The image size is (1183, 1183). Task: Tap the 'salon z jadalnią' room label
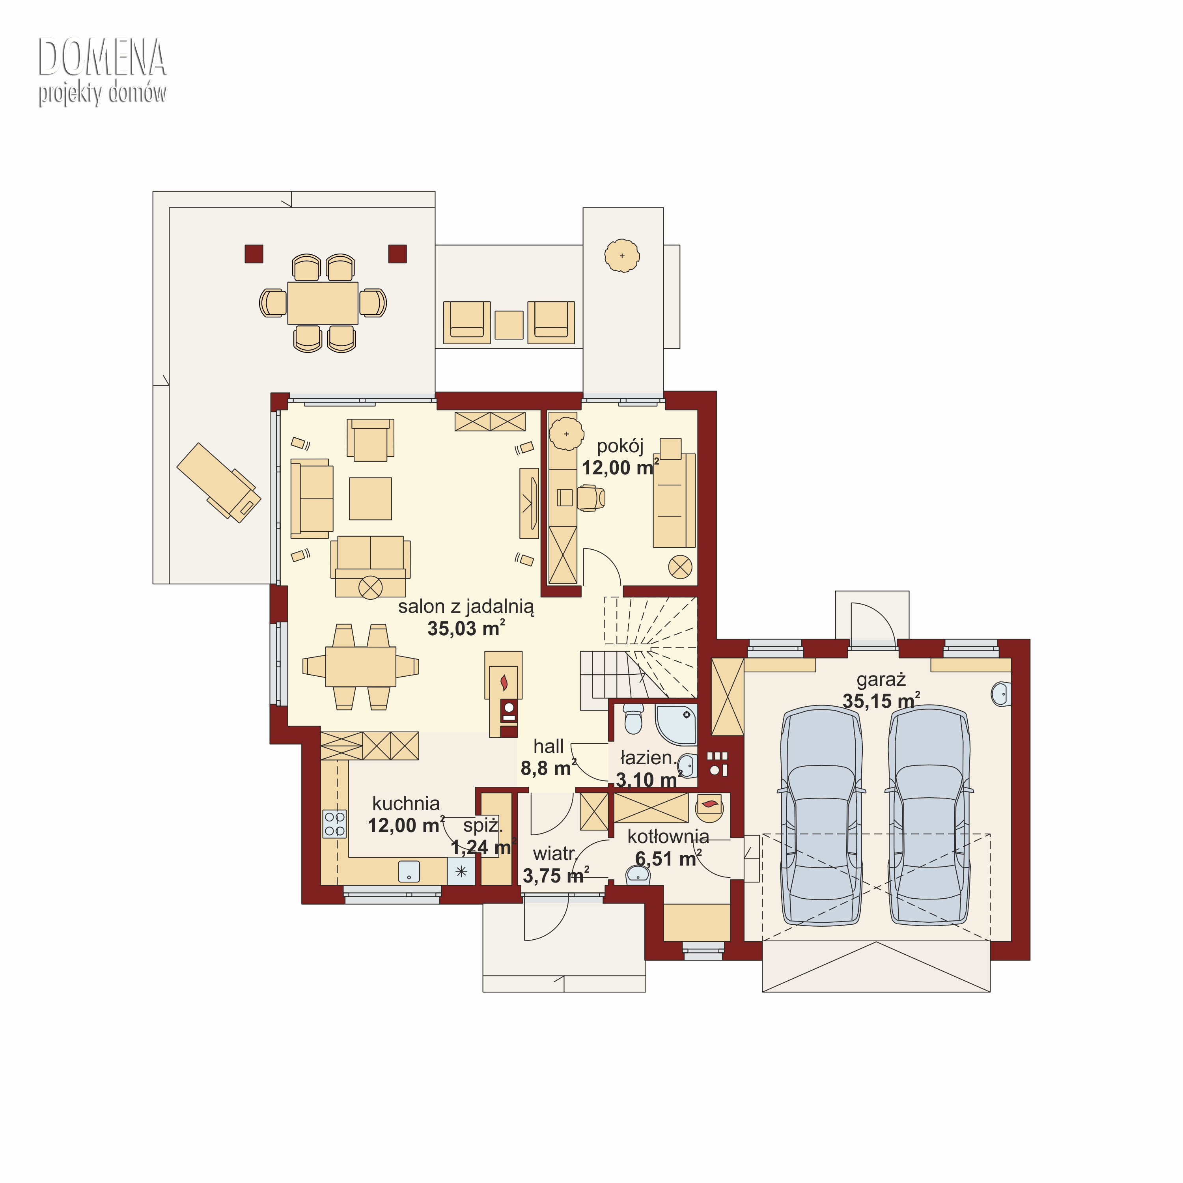[x=466, y=607]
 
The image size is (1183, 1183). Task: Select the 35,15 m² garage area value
[x=881, y=700]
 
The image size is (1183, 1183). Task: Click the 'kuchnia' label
[x=406, y=803]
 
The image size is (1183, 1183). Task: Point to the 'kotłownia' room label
[x=668, y=836]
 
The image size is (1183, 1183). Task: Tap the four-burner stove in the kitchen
[x=334, y=824]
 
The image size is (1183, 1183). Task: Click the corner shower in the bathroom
[x=676, y=724]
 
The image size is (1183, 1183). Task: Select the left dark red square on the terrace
[x=254, y=254]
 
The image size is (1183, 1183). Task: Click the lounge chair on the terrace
[x=218, y=483]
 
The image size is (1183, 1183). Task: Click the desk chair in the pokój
[x=590, y=498]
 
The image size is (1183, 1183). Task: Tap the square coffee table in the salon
[x=370, y=498]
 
